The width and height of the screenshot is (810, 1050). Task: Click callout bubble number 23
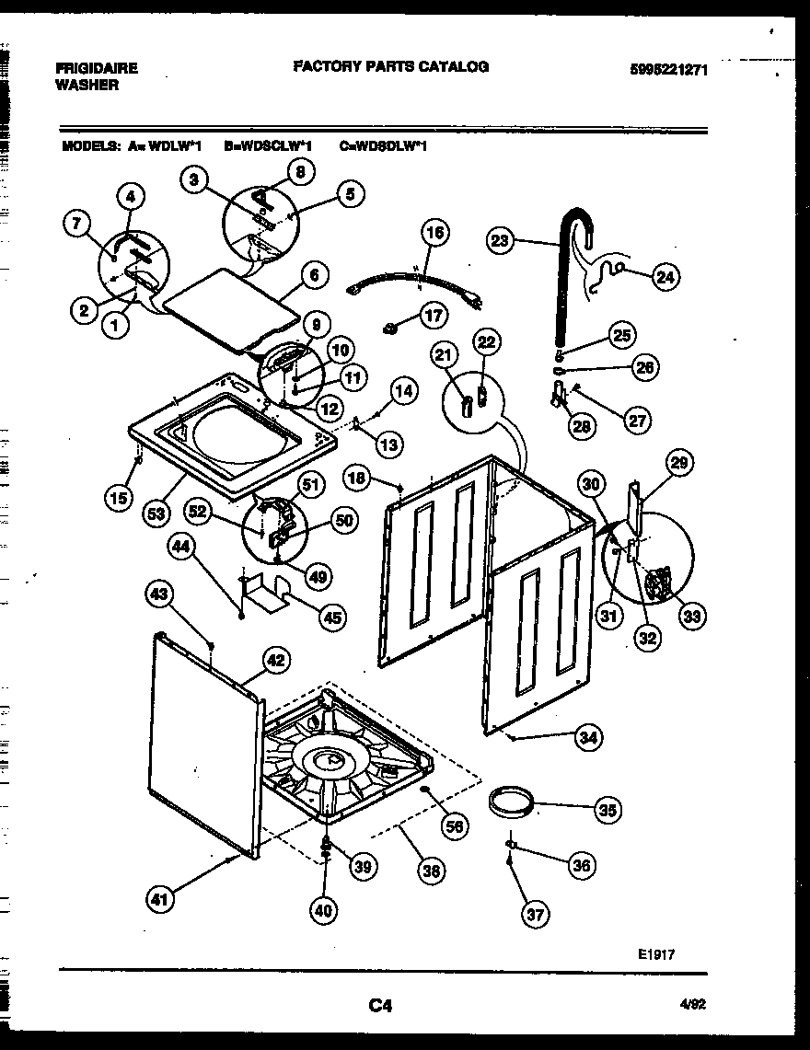500,242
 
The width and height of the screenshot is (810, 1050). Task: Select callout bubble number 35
607,810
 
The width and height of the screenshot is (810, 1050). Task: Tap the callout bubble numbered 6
314,274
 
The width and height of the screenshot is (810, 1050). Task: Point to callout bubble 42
275,659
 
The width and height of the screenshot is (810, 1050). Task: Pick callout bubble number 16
435,233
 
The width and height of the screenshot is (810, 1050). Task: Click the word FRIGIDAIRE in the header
97,68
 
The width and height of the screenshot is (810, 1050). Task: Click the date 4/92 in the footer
691,1007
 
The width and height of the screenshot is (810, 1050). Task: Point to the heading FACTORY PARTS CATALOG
390,66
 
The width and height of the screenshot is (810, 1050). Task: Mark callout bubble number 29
680,463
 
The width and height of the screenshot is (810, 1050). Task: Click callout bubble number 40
323,911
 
